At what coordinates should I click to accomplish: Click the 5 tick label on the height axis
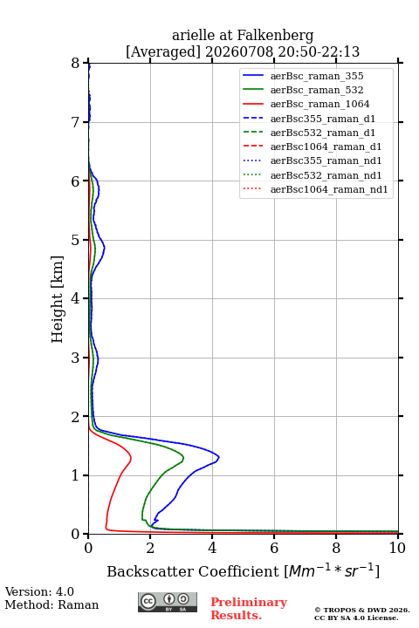[76, 240]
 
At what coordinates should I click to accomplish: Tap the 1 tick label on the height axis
[76, 475]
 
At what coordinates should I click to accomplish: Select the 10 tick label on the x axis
[397, 548]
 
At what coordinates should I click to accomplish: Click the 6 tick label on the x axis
[274, 548]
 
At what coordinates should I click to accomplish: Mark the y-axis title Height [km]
[57, 299]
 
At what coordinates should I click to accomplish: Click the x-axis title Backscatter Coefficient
[193, 571]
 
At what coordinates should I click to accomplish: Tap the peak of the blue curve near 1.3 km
[219, 456]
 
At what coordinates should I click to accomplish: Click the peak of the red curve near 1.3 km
[131, 457]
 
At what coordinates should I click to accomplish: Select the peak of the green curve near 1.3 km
[183, 457]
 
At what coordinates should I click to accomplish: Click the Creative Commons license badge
[168, 602]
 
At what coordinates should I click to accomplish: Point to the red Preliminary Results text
[249, 609]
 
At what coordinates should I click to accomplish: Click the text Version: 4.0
[39, 591]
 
